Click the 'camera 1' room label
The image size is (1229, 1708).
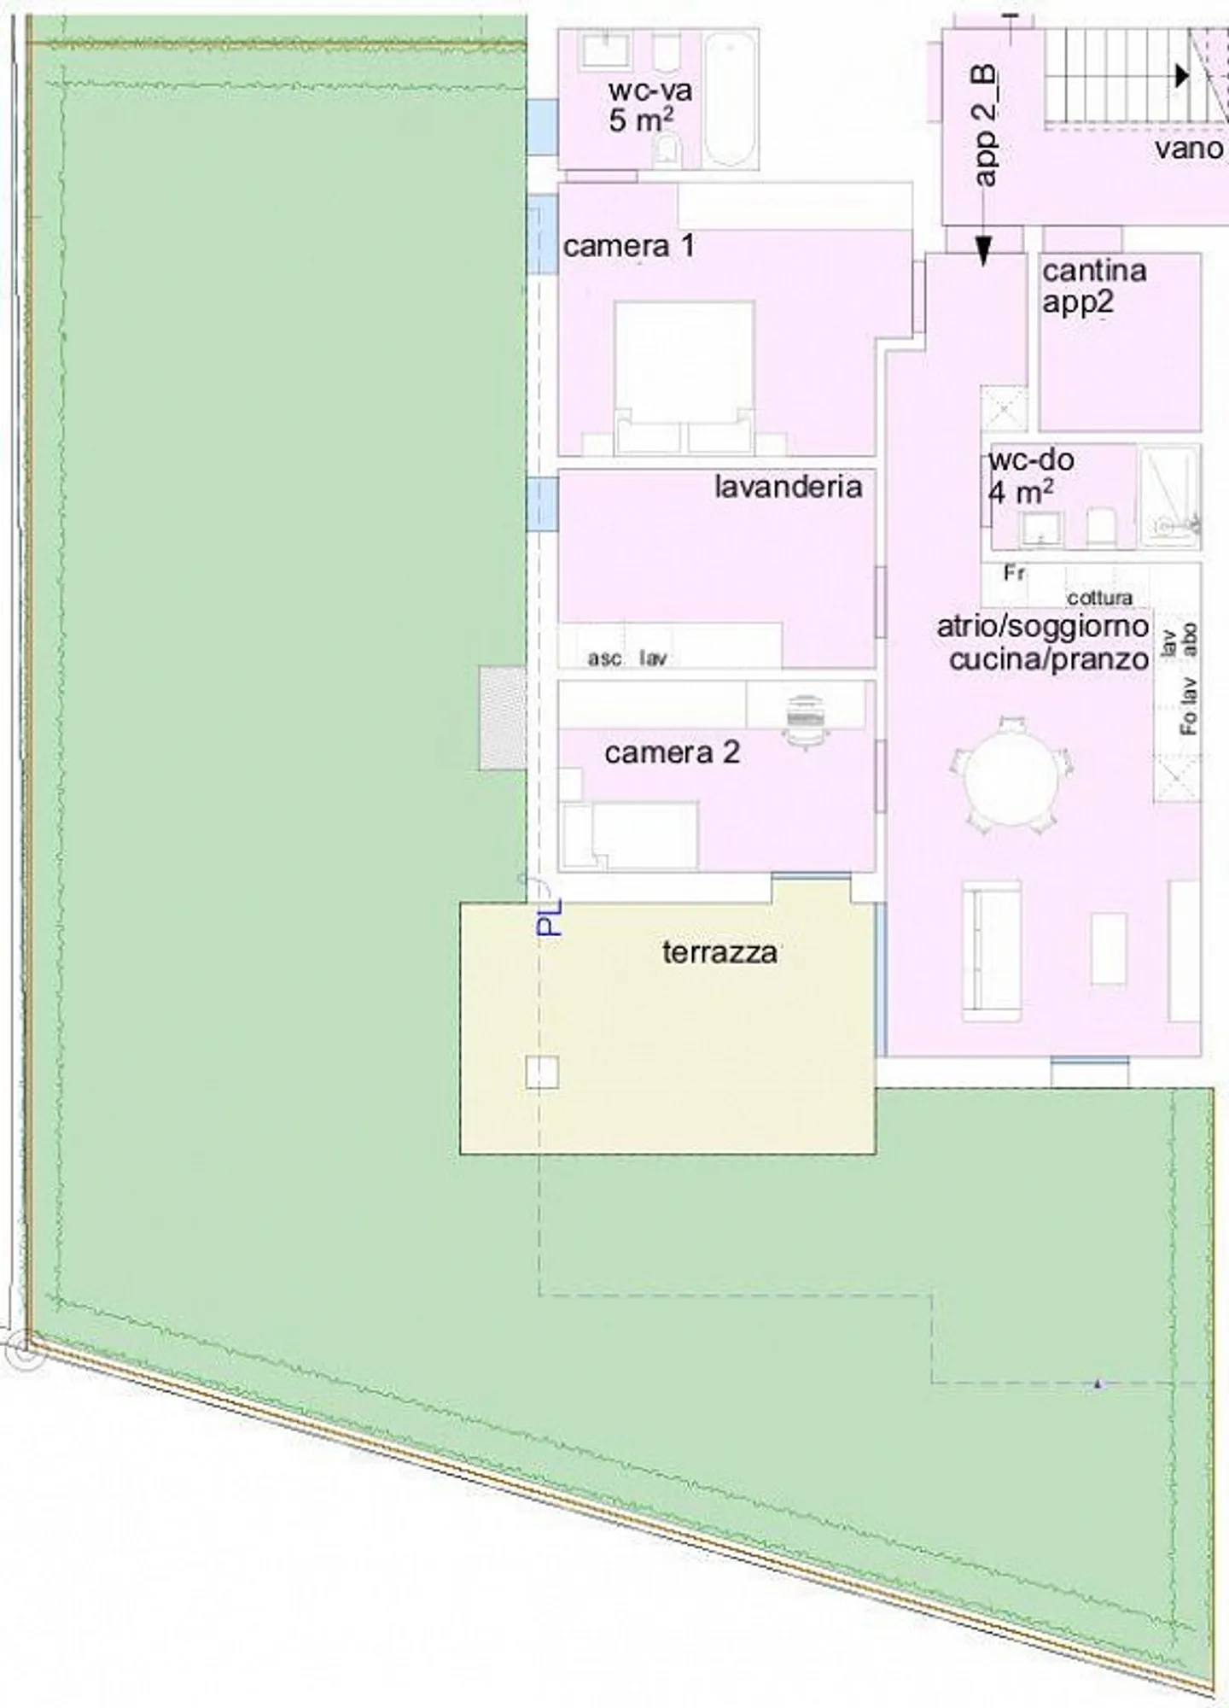(x=628, y=247)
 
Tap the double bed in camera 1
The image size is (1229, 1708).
(x=684, y=376)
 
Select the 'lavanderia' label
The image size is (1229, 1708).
(x=788, y=487)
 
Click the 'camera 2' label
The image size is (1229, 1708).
(x=672, y=752)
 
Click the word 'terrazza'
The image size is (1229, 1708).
(x=719, y=952)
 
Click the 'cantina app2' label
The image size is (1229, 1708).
(x=1093, y=286)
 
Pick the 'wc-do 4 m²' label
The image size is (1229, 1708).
(x=1030, y=476)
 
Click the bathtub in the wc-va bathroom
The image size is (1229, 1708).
(x=731, y=98)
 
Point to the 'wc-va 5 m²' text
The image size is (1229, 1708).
(x=649, y=105)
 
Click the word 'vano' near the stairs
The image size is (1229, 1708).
(x=1189, y=149)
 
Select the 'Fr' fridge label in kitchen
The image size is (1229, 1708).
(x=1014, y=573)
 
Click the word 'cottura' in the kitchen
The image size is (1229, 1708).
(x=1099, y=597)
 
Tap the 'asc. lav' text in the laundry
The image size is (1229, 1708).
(x=626, y=658)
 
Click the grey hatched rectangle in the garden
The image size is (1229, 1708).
(x=503, y=718)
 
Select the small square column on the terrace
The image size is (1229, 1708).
(x=542, y=1072)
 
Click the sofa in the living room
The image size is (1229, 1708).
(x=992, y=951)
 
